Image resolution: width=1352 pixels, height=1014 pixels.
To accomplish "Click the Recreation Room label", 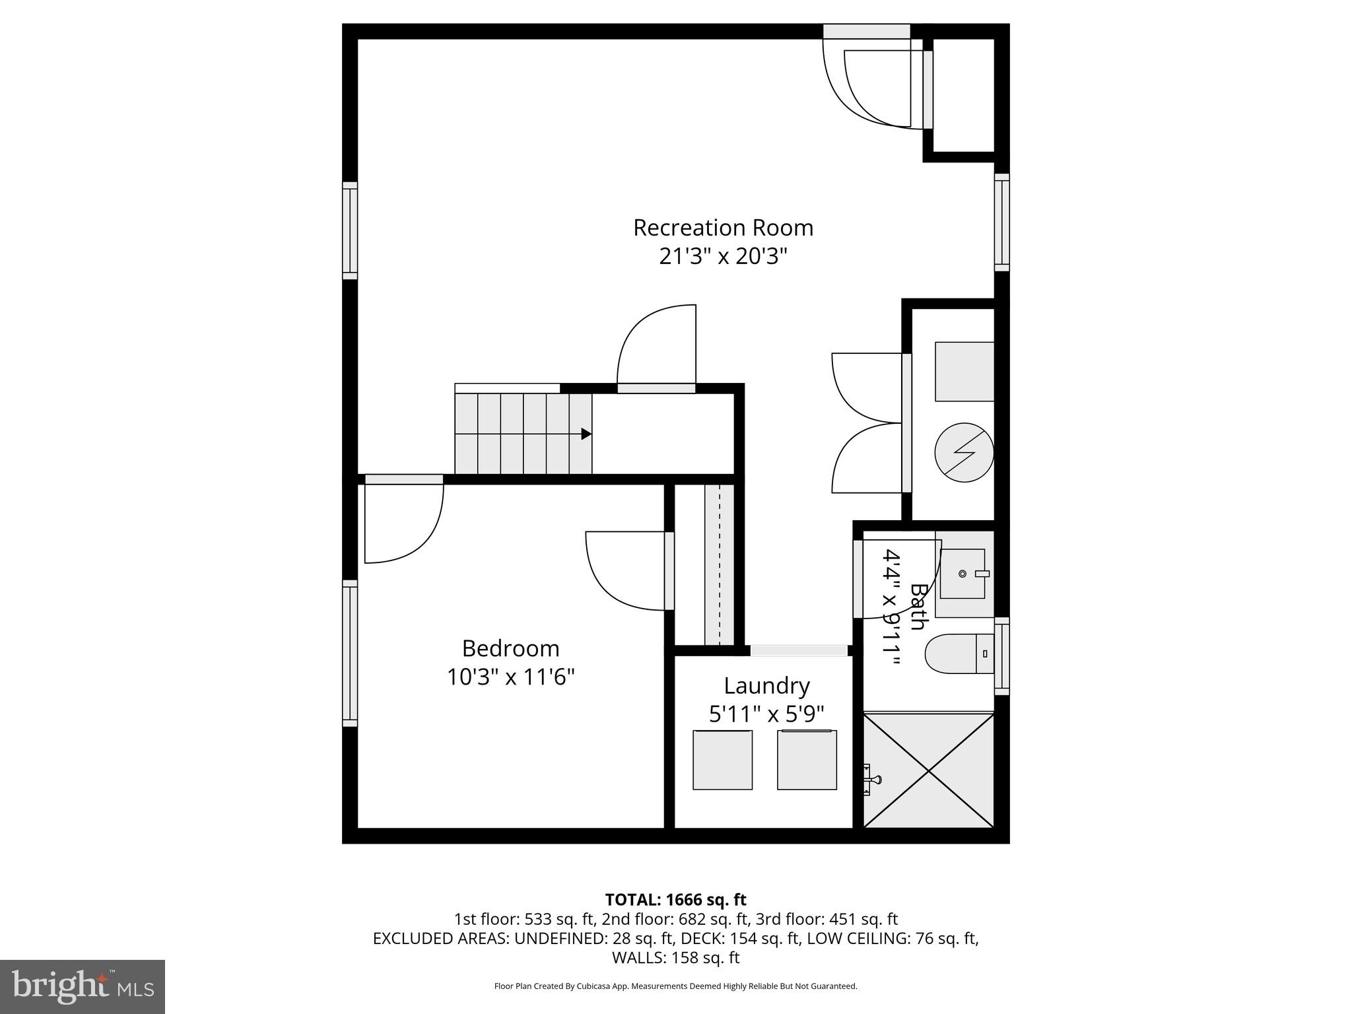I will (723, 228).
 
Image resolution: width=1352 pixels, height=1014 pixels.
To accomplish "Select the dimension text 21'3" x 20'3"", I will (723, 256).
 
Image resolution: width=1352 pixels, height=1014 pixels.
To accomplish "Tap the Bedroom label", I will (510, 648).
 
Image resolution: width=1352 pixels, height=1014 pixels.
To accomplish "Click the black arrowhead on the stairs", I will (586, 434).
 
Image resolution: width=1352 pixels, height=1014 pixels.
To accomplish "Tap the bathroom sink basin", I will (963, 574).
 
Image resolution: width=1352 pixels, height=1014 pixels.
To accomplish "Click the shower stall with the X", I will (928, 770).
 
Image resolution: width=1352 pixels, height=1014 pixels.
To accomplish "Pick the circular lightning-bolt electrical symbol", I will (964, 452).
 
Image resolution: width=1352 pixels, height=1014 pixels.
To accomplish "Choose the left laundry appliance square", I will (722, 760).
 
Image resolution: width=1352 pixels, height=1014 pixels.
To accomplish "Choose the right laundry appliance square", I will (807, 760).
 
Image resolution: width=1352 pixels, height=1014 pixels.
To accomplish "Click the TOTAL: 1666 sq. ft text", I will (675, 900).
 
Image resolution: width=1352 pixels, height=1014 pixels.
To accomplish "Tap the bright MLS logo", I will (83, 986).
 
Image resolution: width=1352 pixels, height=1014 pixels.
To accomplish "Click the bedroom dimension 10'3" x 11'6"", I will (510, 677).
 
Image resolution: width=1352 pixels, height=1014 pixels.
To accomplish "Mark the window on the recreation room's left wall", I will (350, 230).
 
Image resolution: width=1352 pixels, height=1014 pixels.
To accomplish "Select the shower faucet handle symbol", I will (871, 780).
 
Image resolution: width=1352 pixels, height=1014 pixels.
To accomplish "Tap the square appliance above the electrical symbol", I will (964, 372).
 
